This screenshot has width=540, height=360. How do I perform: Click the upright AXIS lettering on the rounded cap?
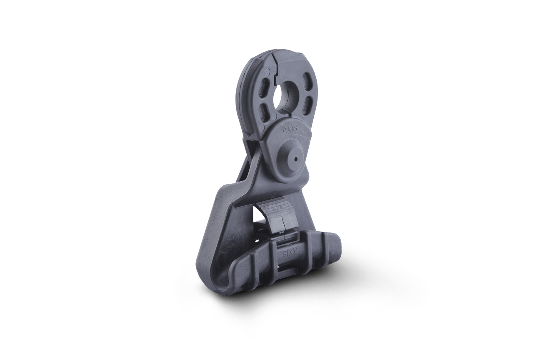(x=291, y=130)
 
